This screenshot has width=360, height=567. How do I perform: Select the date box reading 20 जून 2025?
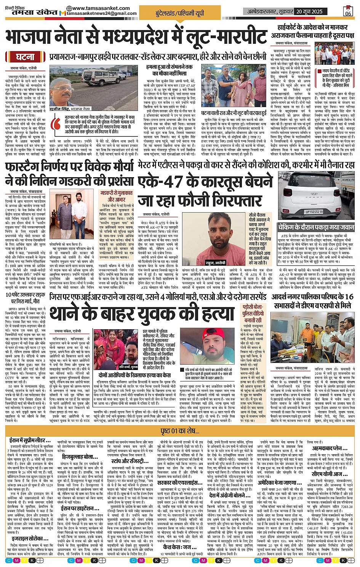309,11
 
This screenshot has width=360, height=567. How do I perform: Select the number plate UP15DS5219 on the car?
314,211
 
